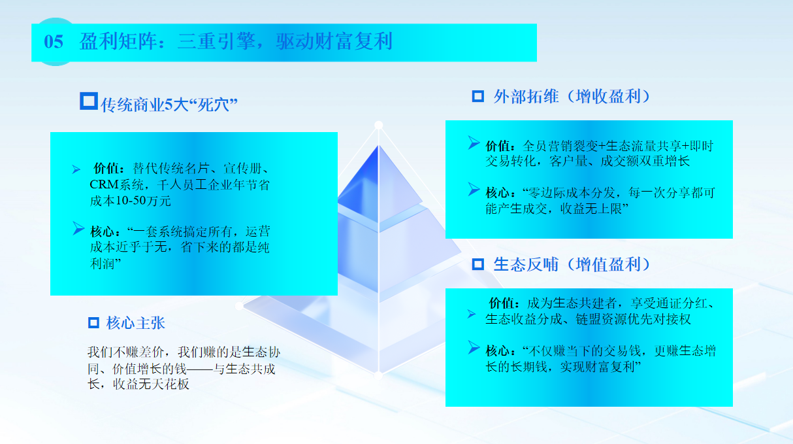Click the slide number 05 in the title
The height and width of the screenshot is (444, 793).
tap(54, 42)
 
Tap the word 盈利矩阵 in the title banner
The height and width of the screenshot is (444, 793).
tap(118, 41)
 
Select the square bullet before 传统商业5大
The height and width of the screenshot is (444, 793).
tap(88, 101)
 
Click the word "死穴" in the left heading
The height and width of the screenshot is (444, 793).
tap(212, 105)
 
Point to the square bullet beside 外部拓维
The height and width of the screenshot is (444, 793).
tap(478, 96)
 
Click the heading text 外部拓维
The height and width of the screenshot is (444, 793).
tap(526, 96)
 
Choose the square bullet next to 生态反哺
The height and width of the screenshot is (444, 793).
tap(478, 264)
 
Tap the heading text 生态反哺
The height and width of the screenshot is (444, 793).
tap(526, 264)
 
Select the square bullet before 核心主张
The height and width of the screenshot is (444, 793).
tap(93, 323)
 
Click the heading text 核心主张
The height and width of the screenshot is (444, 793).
tap(136, 323)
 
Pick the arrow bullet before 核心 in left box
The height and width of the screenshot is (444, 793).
tap(78, 229)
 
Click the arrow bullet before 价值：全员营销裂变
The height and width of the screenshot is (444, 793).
tap(474, 143)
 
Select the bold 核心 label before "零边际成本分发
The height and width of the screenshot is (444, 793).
tap(498, 193)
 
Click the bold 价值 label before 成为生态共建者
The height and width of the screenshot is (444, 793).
tap(501, 303)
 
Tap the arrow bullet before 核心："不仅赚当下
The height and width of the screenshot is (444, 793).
tap(474, 347)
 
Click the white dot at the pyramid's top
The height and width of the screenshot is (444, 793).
tap(378, 125)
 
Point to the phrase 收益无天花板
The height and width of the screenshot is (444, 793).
tap(151, 384)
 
